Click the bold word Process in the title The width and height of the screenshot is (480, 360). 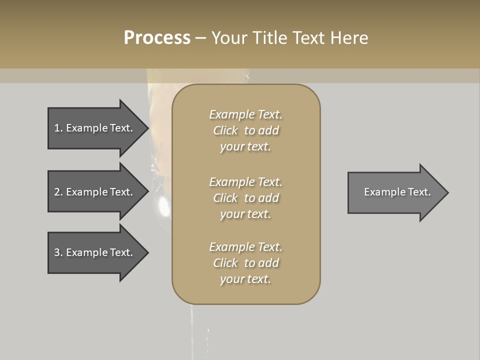[x=157, y=38]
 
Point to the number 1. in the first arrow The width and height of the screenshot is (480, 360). [x=58, y=128]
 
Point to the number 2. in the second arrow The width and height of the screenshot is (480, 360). [x=58, y=192]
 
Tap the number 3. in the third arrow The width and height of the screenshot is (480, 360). [x=58, y=252]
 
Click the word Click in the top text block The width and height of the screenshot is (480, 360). [x=225, y=130]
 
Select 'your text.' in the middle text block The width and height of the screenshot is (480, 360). [x=245, y=214]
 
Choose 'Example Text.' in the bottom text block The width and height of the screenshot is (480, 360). [x=245, y=247]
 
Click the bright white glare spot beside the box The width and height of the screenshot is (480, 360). [x=163, y=204]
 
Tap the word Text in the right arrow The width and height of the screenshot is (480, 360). [x=419, y=192]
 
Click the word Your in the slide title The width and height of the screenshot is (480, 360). [x=228, y=38]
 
